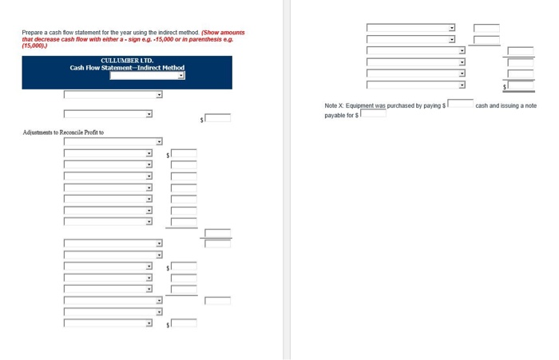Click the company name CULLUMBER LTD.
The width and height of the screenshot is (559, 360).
click(127, 61)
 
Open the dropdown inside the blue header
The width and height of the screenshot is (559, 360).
click(147, 77)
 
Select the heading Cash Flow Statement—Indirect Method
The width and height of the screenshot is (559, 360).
click(127, 68)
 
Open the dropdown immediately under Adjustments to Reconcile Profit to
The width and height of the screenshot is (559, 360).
click(113, 142)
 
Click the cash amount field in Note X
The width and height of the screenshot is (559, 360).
click(460, 105)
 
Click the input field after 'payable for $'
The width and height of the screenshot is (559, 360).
click(374, 114)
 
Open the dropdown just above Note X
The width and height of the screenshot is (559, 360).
click(416, 85)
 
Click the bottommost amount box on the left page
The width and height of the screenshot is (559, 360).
click(184, 323)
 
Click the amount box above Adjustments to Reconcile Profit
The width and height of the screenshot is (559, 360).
click(217, 118)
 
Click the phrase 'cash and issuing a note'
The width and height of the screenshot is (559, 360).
click(505, 105)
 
